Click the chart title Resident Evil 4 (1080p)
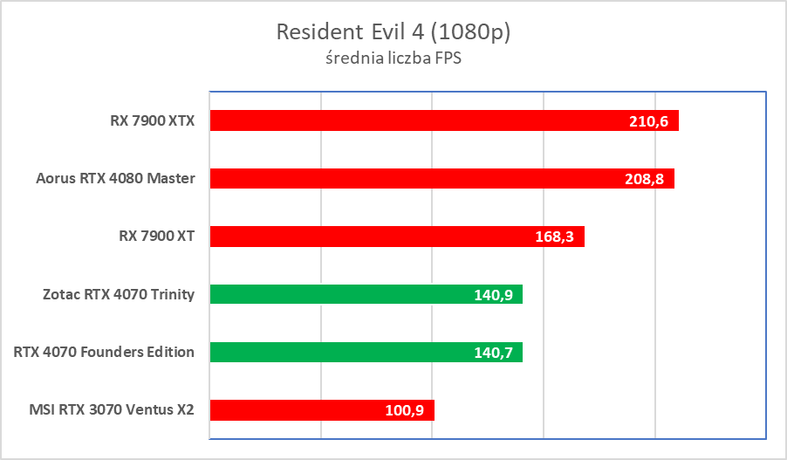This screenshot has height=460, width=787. click(x=393, y=32)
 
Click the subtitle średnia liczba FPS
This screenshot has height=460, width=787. click(x=393, y=59)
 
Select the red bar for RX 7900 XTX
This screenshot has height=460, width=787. click(x=419, y=120)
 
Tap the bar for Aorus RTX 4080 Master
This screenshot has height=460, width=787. click(x=419, y=179)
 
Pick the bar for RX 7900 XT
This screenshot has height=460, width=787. click(x=375, y=237)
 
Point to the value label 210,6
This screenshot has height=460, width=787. click(x=648, y=121)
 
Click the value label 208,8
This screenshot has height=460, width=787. click(x=645, y=179)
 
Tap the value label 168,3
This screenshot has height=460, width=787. click(x=553, y=237)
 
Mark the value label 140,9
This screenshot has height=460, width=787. click(x=492, y=295)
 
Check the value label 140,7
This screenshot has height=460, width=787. click(x=492, y=353)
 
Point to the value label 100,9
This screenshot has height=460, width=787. click(x=404, y=410)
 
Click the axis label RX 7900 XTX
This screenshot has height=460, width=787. click(x=147, y=121)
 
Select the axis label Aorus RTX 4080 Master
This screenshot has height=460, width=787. click(x=115, y=179)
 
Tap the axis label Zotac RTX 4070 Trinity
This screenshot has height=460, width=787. click(x=118, y=295)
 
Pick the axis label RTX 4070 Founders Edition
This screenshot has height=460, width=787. click(x=105, y=353)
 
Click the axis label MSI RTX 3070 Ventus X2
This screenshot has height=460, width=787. click(x=111, y=410)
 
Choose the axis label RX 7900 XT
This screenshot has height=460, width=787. click(x=152, y=237)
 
